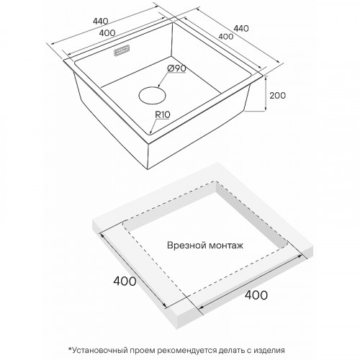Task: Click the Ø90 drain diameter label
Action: pos(177,68)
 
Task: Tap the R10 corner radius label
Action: pos(163,114)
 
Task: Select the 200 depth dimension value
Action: pos(277,96)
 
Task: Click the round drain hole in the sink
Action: pos(152,96)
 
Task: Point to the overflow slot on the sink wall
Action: pos(122,50)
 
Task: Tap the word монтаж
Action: pos(226,246)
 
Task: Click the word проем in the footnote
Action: pos(142,351)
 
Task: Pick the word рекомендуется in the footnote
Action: pos(186,351)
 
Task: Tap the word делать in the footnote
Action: pos(231,351)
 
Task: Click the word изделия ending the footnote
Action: pos(269,351)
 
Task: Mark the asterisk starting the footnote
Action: pos(70,348)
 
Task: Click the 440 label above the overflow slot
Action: pos(101,22)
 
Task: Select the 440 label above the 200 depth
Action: pos(241,29)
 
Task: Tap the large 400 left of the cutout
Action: pos(125,281)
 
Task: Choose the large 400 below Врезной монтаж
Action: pos(256,294)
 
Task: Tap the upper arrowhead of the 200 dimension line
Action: pos(266,78)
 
